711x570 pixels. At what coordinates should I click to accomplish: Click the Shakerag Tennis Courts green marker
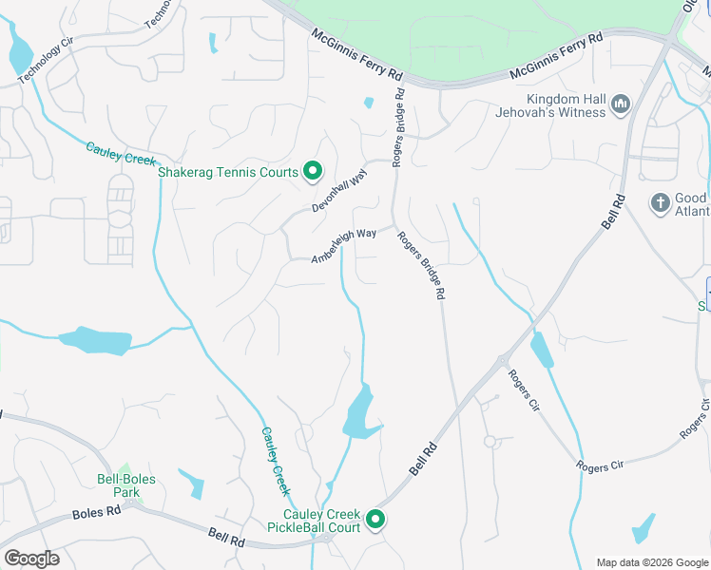pos(313,172)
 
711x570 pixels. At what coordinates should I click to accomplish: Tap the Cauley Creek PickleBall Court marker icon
pos(375,520)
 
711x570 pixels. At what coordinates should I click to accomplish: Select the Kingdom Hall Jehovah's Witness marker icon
pos(621,104)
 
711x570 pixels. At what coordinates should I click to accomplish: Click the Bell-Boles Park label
pos(120,485)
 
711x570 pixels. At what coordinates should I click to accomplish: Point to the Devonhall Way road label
pos(339,192)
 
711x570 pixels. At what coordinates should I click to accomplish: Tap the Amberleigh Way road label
pos(344,245)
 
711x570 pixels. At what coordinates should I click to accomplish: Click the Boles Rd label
pos(96,511)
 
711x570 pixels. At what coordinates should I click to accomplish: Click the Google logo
pos(31,558)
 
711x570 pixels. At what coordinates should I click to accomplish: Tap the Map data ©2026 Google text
pos(651,562)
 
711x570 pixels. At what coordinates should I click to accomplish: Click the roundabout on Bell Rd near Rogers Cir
pos(502,359)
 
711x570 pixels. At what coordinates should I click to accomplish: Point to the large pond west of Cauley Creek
pos(94,341)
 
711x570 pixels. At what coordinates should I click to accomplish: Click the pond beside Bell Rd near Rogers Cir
pos(541,351)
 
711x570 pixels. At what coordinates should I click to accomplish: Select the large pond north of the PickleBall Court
pos(357,412)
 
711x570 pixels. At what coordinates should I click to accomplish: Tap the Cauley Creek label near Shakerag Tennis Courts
pos(121,152)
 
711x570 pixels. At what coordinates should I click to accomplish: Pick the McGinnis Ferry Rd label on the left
pos(356,53)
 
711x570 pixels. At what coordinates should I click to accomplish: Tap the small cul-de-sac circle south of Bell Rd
pos(490,441)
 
